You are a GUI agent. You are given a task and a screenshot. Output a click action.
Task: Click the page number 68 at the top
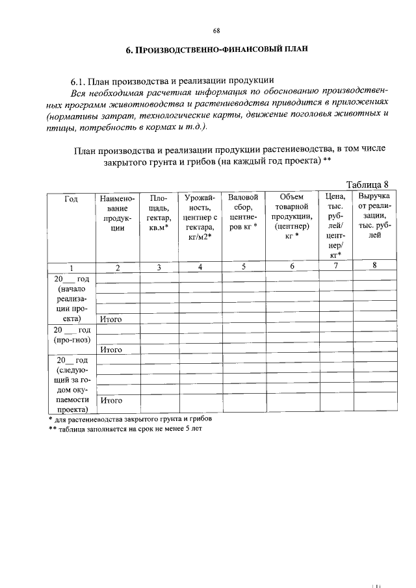point(216,31)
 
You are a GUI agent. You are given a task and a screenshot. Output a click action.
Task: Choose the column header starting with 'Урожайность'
point(200,218)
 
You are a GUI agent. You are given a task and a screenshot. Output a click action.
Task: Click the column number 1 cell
point(71,266)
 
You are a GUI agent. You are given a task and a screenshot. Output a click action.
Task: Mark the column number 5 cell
point(244,266)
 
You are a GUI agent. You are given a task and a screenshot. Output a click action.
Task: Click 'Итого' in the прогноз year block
point(111,350)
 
